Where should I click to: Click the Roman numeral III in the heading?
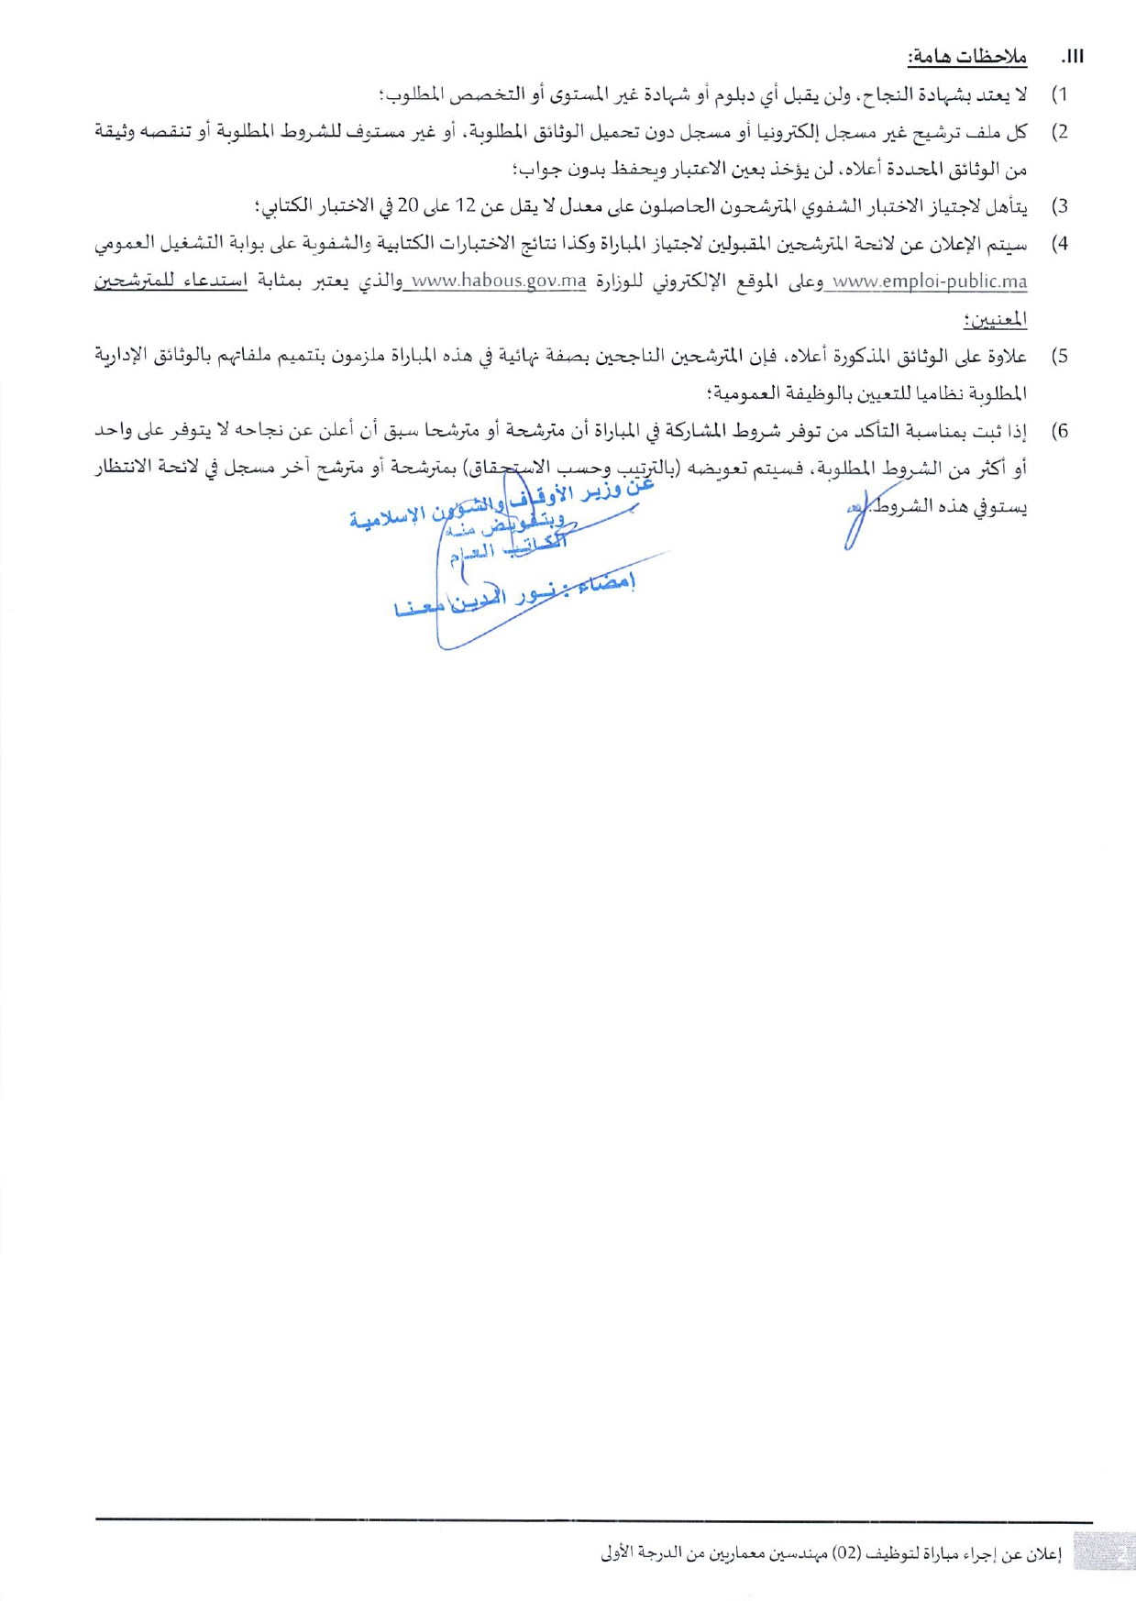click(x=1074, y=57)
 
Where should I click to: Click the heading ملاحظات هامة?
click(x=967, y=57)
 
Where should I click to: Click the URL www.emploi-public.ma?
click(x=928, y=282)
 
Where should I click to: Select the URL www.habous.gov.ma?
click(x=499, y=282)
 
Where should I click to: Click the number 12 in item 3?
click(x=465, y=207)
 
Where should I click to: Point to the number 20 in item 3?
click(x=408, y=207)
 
